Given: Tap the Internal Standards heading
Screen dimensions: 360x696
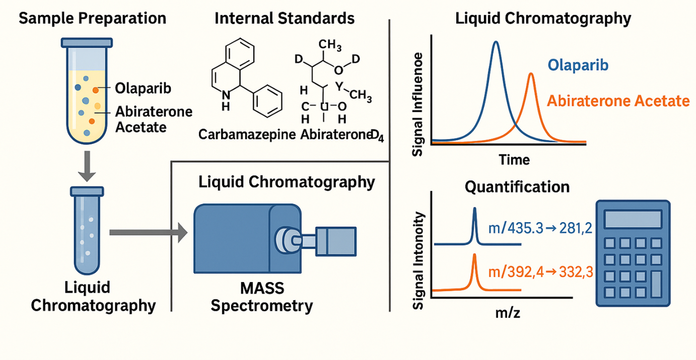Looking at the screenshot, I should [x=284, y=19].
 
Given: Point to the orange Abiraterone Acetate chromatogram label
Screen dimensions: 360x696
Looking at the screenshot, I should [x=618, y=101].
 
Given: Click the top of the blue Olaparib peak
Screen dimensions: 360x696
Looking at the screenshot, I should [x=497, y=42].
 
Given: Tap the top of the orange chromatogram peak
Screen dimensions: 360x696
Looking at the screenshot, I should [x=531, y=74].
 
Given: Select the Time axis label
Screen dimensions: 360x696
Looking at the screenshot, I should [x=514, y=160].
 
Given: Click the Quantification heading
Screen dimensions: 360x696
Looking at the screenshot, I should [x=517, y=187].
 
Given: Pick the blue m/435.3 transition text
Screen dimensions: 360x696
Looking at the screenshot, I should [x=539, y=229].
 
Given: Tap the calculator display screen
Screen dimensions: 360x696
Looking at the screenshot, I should [x=633, y=219].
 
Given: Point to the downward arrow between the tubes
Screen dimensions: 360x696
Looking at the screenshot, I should [x=87, y=169].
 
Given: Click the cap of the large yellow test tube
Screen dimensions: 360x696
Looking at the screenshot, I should [x=86, y=42].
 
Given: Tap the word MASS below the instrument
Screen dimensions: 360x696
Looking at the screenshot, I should [x=261, y=289].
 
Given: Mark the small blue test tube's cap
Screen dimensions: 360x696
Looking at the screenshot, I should [x=87, y=191].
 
